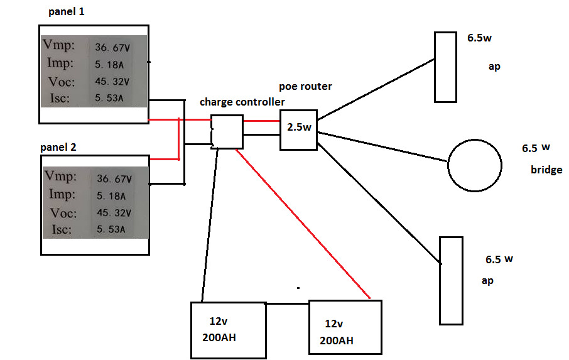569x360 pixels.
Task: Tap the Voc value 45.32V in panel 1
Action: tap(112, 82)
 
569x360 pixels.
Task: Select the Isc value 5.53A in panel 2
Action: tap(111, 230)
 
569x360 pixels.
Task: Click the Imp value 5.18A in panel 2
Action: tap(111, 195)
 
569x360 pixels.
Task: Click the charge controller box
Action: tap(227, 132)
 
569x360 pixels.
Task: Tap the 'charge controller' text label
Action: tap(242, 102)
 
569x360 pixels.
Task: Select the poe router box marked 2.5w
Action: tap(298, 130)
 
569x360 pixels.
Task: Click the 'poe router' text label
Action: tap(306, 86)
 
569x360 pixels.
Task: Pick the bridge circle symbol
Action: tap(475, 164)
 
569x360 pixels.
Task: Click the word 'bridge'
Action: tap(546, 170)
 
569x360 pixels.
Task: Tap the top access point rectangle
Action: tap(445, 67)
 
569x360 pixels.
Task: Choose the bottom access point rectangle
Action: tap(451, 280)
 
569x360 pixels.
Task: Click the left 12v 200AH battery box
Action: tap(227, 329)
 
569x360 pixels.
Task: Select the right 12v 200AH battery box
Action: tap(345, 327)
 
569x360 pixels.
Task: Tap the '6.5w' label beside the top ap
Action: tap(479, 38)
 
